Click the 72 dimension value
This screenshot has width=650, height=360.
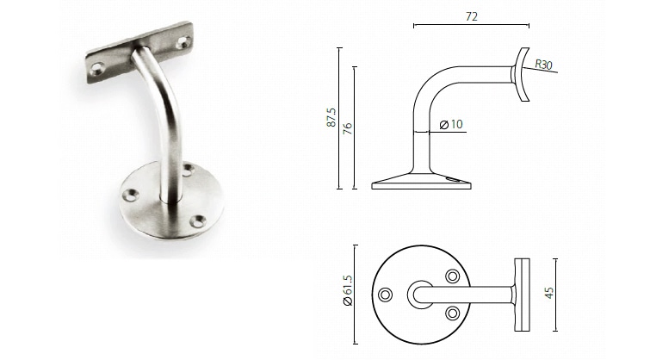(471, 16)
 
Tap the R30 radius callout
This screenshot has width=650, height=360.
(543, 65)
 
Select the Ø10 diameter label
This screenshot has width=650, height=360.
(451, 125)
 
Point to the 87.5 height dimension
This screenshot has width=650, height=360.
(331, 117)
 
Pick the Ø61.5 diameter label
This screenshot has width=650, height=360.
(348, 294)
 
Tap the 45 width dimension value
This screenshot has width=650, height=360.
(548, 293)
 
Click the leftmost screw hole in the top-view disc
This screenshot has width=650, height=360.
(386, 295)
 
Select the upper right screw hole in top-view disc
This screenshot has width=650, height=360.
(452, 276)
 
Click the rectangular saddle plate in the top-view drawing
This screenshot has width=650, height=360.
(523, 294)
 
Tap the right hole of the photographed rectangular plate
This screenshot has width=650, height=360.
(183, 40)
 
